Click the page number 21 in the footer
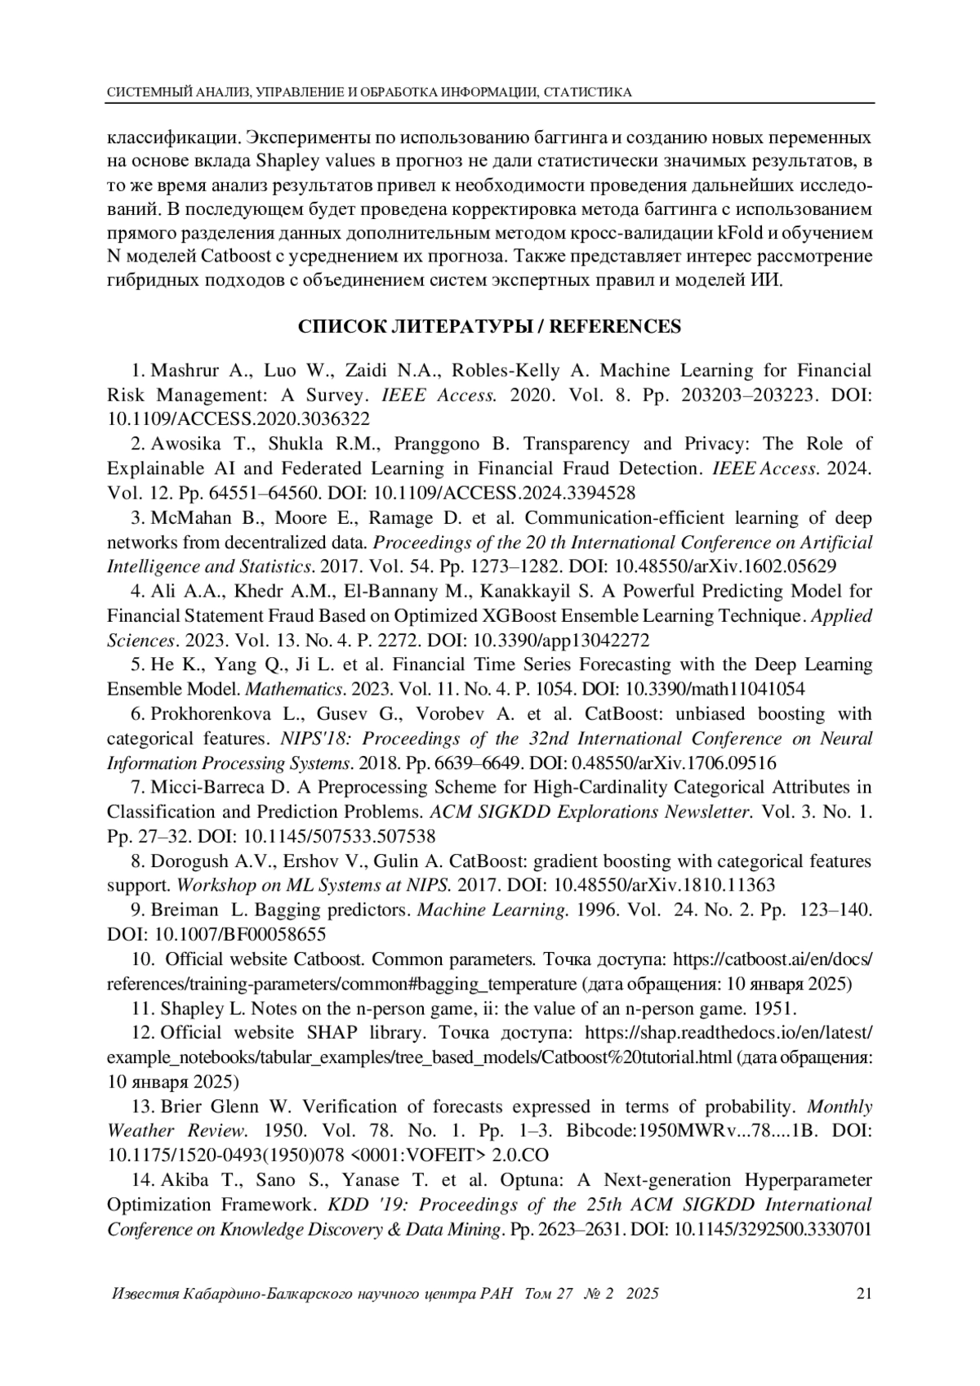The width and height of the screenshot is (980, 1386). (x=864, y=1294)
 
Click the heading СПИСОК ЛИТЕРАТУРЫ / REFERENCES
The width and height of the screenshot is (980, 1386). (x=489, y=327)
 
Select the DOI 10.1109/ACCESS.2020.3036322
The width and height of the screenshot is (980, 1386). (x=238, y=419)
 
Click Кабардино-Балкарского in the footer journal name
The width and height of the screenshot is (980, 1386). (x=269, y=1294)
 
